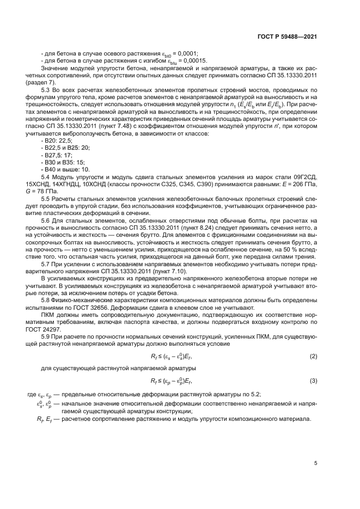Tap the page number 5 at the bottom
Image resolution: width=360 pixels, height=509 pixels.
tap(315, 463)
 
